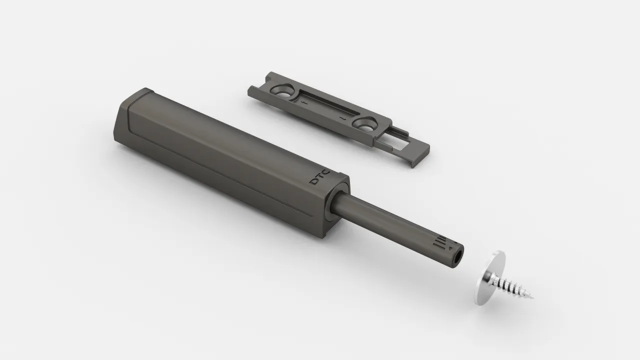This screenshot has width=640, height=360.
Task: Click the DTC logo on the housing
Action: point(319,177)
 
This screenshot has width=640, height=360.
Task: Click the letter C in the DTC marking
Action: point(326,172)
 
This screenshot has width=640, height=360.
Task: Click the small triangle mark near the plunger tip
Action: point(451,249)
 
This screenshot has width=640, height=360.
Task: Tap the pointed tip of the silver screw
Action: point(532,298)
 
